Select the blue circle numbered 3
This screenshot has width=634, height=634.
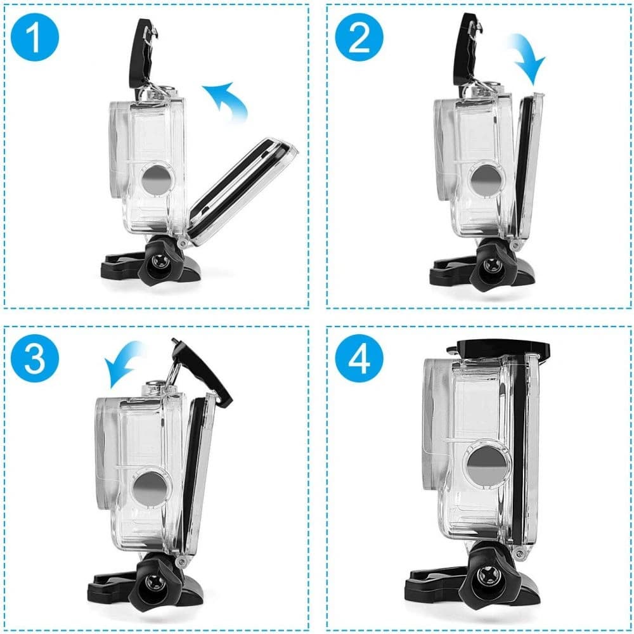click(x=36, y=358)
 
